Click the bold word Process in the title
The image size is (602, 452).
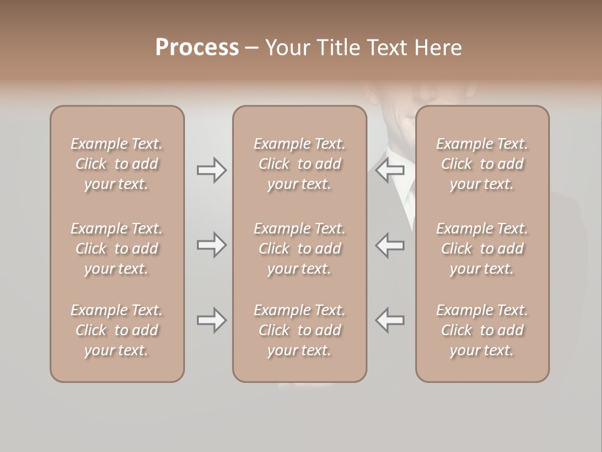click(x=197, y=48)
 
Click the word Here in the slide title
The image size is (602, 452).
click(x=438, y=48)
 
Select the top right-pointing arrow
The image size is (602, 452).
click(x=212, y=170)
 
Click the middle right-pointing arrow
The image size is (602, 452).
click(x=212, y=245)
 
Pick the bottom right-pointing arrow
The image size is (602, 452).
click(x=212, y=320)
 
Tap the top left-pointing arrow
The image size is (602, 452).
click(x=389, y=170)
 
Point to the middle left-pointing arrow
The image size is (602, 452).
click(x=389, y=245)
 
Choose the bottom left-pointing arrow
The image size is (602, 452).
click(x=389, y=320)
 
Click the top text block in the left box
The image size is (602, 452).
click(x=117, y=164)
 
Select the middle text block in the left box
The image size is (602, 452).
click(x=117, y=249)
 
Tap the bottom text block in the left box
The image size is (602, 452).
click(x=117, y=330)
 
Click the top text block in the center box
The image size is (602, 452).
click(x=299, y=164)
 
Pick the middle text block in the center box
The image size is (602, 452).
click(x=299, y=249)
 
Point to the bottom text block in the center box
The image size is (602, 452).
click(x=299, y=330)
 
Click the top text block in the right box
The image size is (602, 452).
click(x=482, y=164)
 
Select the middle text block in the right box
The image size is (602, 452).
click(x=482, y=249)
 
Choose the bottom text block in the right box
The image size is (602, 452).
click(x=482, y=330)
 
